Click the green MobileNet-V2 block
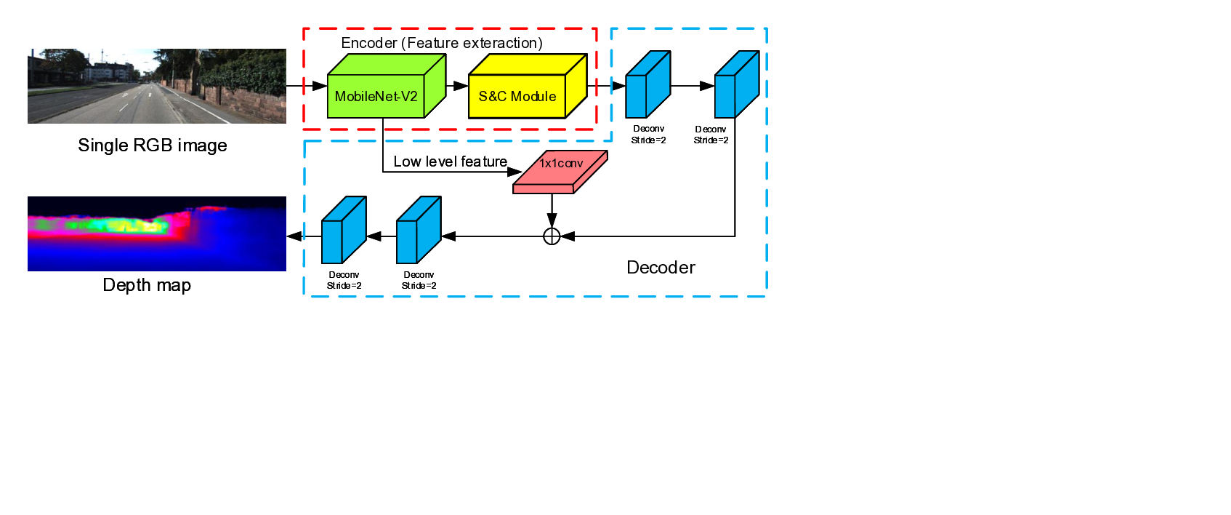coord(376,96)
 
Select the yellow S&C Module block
coord(517,96)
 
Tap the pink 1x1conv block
coord(560,172)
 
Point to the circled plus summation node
coord(552,236)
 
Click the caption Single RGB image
coord(153,145)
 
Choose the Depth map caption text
coord(147,285)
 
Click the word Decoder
coord(661,268)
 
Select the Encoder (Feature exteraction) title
coord(442,43)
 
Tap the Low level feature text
coord(451,161)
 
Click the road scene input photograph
coord(157,86)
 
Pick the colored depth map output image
coord(157,233)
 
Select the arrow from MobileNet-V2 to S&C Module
coord(457,86)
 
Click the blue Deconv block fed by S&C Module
coord(647,85)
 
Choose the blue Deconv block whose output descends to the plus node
coord(737,85)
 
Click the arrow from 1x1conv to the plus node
coord(552,211)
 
